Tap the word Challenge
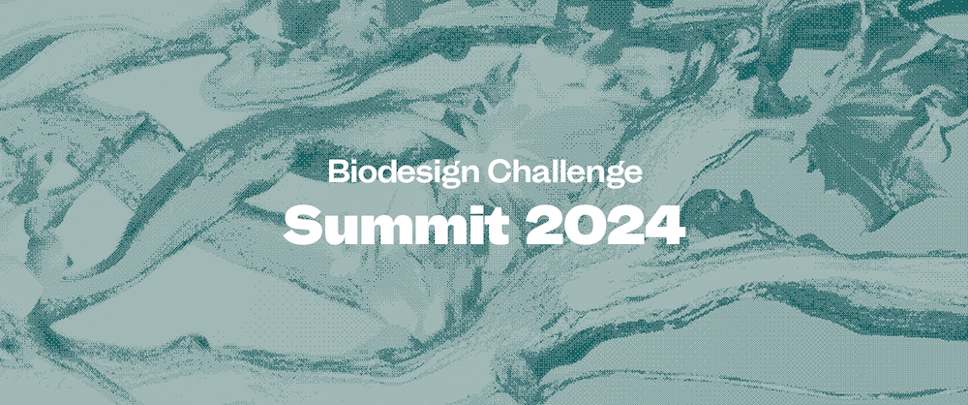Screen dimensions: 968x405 pos(564,171)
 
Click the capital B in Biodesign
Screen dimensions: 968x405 pos(337,171)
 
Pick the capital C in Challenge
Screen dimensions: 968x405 pos(499,171)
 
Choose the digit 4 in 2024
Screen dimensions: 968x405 pos(666,225)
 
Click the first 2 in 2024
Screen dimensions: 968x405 pos(544,225)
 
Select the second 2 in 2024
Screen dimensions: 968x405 pos(625,225)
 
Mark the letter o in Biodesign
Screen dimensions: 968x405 pos(364,173)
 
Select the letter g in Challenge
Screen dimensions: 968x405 pos(613,177)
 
